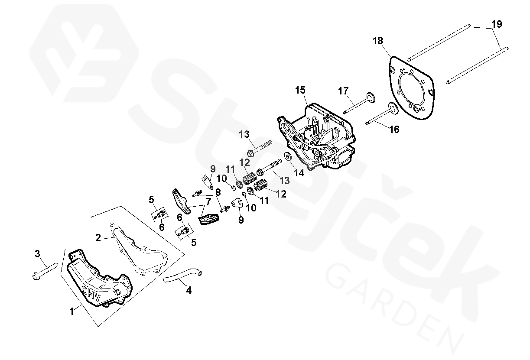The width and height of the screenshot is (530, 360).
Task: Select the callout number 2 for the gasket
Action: [98, 238]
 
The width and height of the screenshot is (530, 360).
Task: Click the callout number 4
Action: [189, 290]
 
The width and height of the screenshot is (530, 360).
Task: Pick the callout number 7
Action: [208, 201]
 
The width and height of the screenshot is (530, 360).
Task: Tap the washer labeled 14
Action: [286, 156]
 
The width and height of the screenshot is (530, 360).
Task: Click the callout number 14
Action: [299, 172]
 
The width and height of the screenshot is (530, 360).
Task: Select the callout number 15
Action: [300, 91]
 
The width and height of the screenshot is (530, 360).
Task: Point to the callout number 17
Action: [343, 91]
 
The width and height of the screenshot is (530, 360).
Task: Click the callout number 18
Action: [377, 41]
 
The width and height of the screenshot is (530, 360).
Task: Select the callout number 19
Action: [497, 24]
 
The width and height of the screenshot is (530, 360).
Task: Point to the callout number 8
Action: [218, 191]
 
